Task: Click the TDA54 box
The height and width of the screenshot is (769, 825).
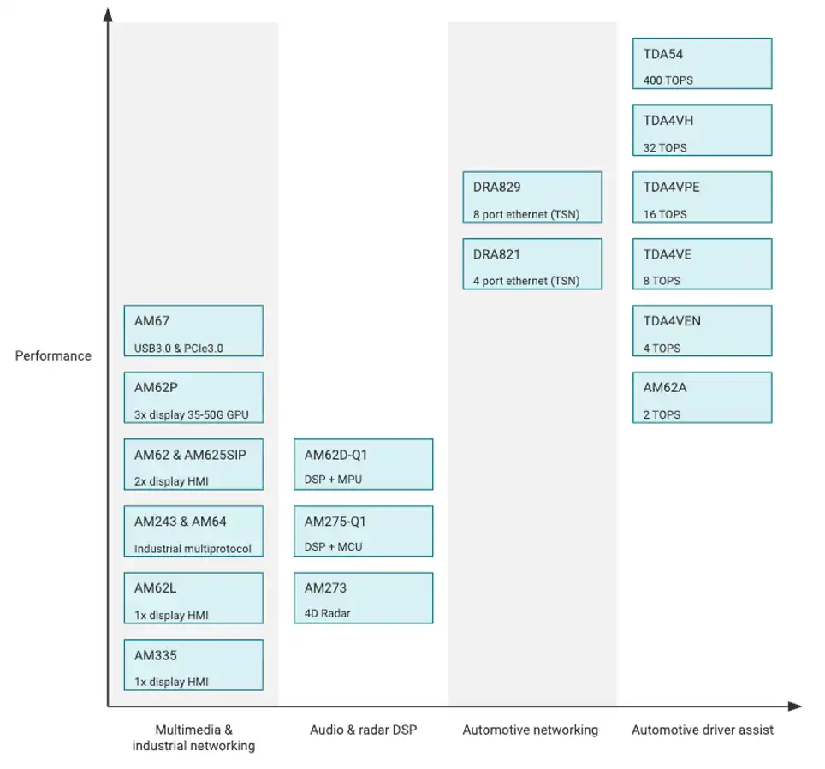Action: point(702,63)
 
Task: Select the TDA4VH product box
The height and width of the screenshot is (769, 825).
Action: point(702,130)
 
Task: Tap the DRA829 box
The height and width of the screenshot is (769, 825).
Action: point(532,197)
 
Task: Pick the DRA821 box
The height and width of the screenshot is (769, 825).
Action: point(532,264)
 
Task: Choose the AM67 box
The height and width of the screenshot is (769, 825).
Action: point(193,331)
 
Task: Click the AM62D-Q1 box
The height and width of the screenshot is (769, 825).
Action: point(363,464)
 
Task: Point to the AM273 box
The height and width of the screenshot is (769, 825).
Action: point(363,598)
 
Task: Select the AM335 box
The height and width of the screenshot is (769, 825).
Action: point(193,665)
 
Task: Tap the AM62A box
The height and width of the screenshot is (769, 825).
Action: point(702,397)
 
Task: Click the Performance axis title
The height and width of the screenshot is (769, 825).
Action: point(53,356)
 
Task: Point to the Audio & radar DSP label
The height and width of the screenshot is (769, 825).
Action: point(363,730)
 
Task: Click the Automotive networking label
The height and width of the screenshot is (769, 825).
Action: point(531,730)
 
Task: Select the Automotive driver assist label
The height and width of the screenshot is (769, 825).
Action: point(703,730)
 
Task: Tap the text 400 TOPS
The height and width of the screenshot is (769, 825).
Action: point(668,80)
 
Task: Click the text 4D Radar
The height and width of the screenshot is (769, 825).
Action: point(327,613)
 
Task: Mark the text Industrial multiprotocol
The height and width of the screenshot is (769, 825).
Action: point(193,548)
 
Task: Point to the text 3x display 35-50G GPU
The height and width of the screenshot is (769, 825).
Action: point(191,414)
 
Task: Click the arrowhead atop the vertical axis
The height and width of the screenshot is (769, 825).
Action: point(108,15)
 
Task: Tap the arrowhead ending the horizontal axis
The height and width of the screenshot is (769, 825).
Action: point(795,706)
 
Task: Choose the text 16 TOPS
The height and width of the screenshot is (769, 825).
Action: point(664,214)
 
